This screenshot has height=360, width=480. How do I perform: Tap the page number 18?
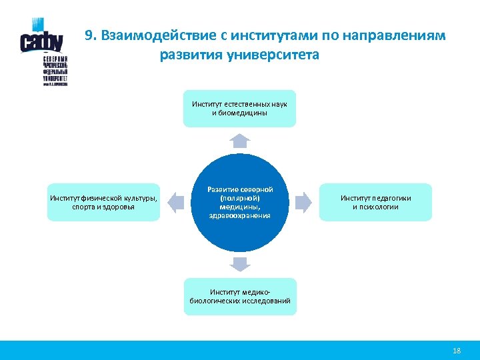click(x=457, y=351)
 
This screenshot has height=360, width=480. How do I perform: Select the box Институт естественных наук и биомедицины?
click(x=240, y=109)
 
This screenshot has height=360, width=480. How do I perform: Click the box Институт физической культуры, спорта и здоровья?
click(x=103, y=202)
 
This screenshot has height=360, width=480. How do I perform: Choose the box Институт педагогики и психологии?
click(x=375, y=202)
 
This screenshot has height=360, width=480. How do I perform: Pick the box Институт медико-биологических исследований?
click(x=240, y=297)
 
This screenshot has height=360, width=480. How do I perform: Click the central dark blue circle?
click(x=240, y=202)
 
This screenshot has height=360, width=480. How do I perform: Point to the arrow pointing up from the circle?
click(x=240, y=139)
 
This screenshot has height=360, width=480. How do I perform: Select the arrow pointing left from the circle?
click(x=175, y=201)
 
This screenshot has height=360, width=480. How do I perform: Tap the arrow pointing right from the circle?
click(x=303, y=201)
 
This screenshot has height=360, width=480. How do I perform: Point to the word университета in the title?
click(x=273, y=55)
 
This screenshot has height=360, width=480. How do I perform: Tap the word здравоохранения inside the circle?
click(x=240, y=215)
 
